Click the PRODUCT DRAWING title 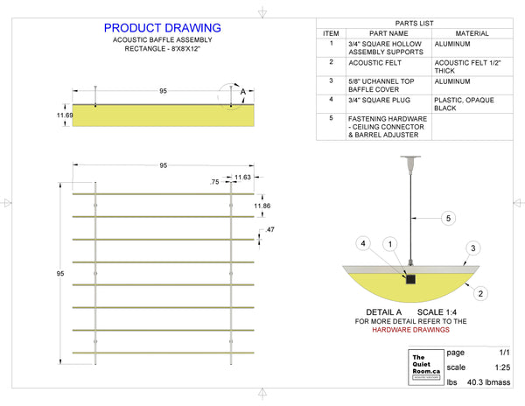[x=162, y=29]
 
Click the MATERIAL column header [x=472, y=33]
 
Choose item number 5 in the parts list [x=332, y=118]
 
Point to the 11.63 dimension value [x=244, y=178]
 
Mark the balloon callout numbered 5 [x=447, y=218]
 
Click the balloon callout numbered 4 [x=363, y=242]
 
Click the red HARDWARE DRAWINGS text [x=412, y=331]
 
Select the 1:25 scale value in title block [x=502, y=367]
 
